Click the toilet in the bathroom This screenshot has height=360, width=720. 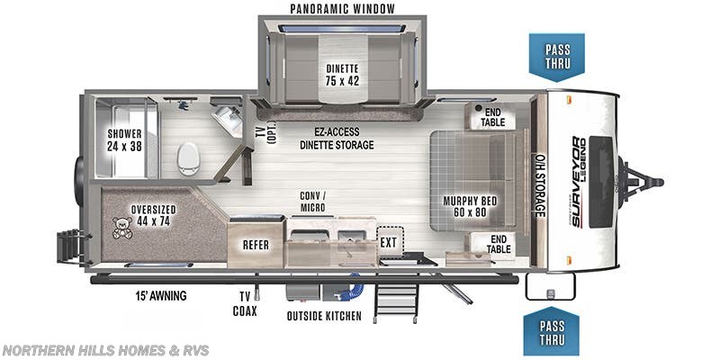point(188,159)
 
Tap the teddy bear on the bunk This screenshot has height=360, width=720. point(121,228)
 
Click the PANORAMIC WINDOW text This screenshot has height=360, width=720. point(342,9)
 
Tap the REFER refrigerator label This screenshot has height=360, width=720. point(256,244)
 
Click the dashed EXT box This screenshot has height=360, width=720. point(389,241)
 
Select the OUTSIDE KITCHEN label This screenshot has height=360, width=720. point(324,316)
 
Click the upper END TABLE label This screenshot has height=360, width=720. point(491,117)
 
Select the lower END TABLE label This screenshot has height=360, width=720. point(498,245)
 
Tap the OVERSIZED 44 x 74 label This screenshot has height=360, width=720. point(152,215)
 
